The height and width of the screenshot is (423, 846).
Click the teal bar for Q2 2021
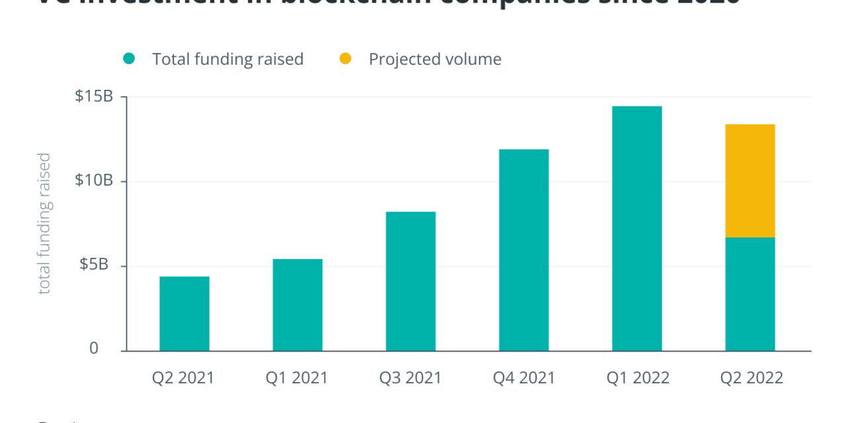184,313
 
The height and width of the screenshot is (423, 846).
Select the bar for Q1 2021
297,305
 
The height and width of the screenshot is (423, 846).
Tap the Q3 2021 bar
410,281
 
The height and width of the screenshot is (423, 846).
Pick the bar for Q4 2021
523,250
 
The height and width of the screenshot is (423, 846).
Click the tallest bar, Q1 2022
636,228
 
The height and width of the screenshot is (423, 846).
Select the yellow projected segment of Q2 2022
750,180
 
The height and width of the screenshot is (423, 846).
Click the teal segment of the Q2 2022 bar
750,294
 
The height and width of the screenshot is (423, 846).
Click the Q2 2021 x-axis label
184,378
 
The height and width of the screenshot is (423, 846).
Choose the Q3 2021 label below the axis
410,378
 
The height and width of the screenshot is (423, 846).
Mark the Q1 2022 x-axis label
638,378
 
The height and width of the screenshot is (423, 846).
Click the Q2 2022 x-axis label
751,378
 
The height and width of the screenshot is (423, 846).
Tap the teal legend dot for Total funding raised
129,59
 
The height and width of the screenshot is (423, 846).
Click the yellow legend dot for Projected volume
345,59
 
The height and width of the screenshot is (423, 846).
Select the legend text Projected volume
435,59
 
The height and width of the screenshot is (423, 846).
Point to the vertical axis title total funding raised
44,223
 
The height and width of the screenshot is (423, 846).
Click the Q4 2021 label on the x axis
524,378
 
